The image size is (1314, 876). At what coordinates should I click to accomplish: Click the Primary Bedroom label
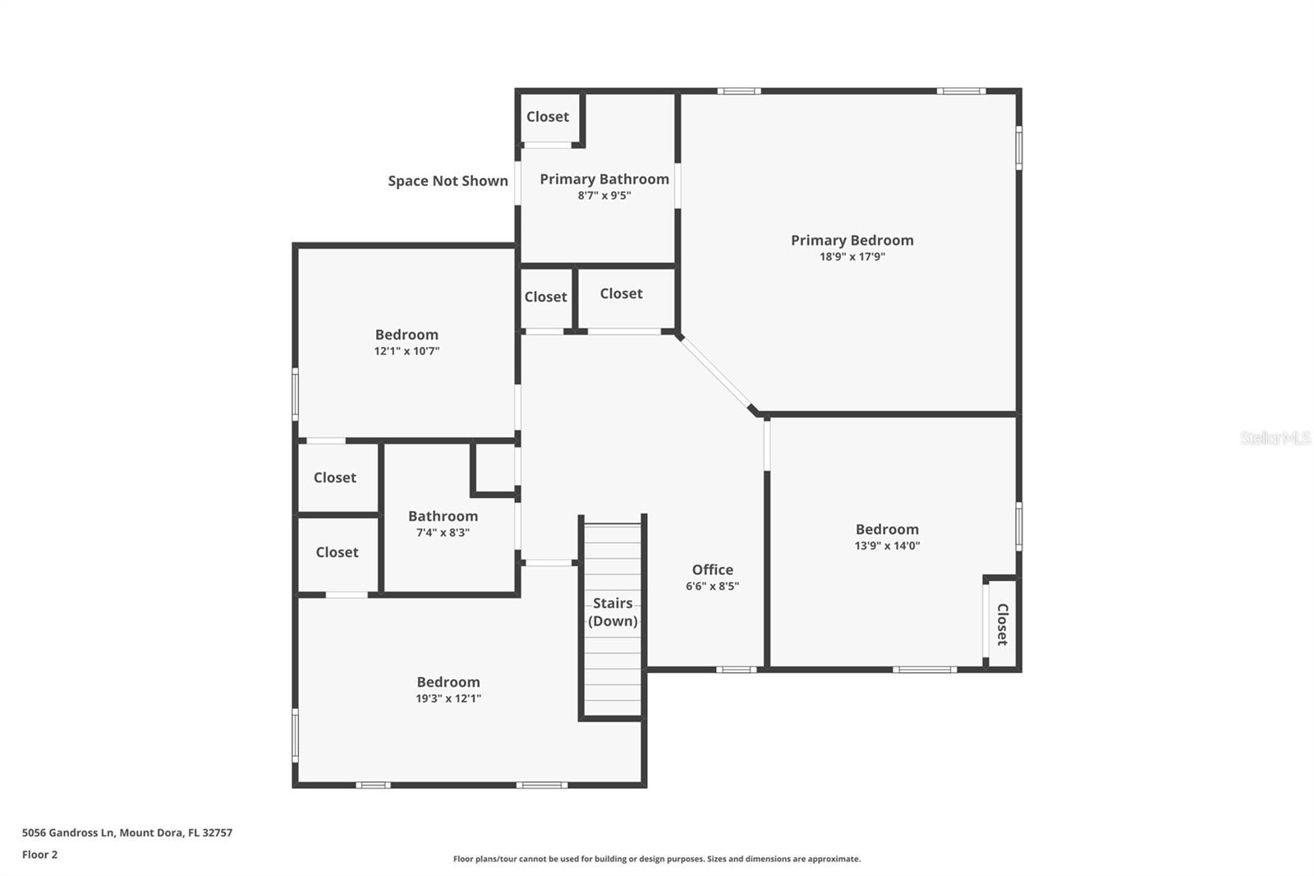(x=852, y=240)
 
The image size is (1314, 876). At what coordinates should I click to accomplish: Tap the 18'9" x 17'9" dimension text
(x=852, y=256)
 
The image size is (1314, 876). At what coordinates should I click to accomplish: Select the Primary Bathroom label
(x=604, y=179)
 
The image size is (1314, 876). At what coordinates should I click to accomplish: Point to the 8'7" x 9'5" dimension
(x=604, y=196)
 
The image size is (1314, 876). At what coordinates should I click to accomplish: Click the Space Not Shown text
(x=448, y=181)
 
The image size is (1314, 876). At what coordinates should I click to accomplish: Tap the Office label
(x=712, y=569)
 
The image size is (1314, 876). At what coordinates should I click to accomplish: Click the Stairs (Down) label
(x=613, y=611)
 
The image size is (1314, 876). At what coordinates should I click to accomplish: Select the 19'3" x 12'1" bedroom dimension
(x=448, y=698)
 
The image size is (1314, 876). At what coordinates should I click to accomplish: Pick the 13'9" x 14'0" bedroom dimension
(x=887, y=546)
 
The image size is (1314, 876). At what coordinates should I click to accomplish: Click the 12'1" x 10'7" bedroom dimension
(x=407, y=351)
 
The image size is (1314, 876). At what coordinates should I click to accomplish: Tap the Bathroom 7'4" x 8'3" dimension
(x=443, y=533)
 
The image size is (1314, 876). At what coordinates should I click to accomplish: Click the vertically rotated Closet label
(x=1002, y=625)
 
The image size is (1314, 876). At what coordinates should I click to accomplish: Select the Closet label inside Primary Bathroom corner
(x=547, y=117)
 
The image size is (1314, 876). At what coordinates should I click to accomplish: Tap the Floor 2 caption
(x=40, y=855)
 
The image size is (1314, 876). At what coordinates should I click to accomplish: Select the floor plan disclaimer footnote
(x=657, y=859)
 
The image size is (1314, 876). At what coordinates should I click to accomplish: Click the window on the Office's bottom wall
(x=736, y=670)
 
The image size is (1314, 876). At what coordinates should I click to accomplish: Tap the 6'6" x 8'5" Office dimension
(x=712, y=586)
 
